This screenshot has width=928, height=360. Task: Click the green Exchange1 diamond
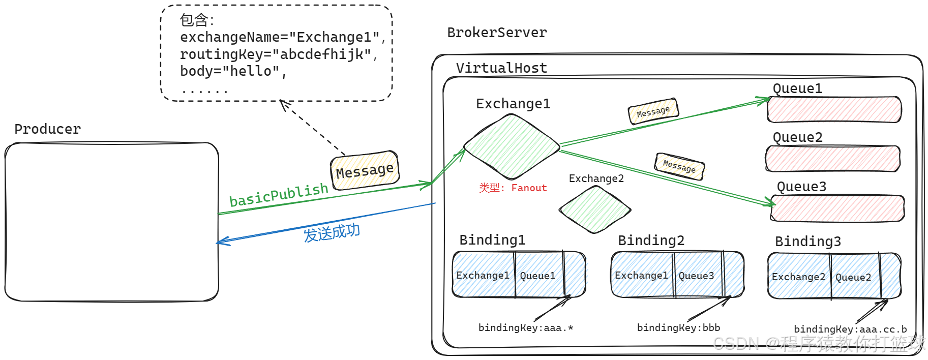tap(512, 146)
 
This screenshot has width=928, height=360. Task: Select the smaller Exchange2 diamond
tap(594, 209)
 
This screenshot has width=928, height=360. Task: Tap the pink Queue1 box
tap(834, 109)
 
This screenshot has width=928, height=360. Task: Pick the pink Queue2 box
tap(832, 159)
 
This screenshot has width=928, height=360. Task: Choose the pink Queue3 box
tap(837, 208)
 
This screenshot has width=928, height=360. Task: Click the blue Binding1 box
tap(519, 275)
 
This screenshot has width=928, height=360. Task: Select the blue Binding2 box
tap(677, 275)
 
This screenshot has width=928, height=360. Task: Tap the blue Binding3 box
tap(834, 276)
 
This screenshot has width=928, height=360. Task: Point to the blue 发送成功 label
tap(332, 233)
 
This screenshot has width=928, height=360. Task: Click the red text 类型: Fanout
tap(513, 188)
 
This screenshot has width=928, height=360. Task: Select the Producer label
tap(47, 129)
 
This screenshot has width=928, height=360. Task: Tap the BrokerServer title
tap(497, 33)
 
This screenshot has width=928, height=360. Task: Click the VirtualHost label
tap(501, 68)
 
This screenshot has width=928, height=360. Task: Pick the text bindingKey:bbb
tap(678, 328)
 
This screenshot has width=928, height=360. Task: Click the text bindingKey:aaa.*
tap(525, 328)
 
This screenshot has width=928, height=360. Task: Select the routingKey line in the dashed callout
tap(279, 54)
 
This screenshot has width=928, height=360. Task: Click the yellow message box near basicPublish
tap(365, 170)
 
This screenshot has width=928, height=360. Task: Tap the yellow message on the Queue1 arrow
tap(653, 111)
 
